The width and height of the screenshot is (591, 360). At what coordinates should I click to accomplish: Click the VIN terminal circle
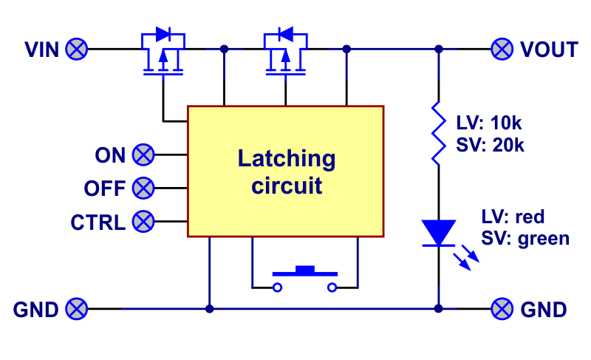tap(76, 50)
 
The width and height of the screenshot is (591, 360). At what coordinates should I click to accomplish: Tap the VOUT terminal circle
tap(502, 50)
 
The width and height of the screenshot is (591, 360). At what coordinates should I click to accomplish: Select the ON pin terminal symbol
tap(143, 155)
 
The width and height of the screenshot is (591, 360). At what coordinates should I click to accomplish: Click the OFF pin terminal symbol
tap(143, 188)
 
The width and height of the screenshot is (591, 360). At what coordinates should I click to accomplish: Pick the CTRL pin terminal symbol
tap(143, 221)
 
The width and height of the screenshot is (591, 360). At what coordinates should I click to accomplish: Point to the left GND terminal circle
tap(76, 308)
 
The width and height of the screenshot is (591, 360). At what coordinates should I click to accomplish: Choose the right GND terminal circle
tap(502, 308)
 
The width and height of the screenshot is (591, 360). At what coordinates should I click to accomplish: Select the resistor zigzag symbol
tap(438, 133)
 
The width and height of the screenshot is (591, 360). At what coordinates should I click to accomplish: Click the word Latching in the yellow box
tap(286, 158)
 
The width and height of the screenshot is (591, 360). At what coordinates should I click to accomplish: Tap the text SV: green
tap(525, 238)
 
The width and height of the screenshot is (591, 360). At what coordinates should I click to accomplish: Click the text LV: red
tap(513, 217)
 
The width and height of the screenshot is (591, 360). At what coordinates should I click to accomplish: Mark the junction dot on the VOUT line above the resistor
tap(438, 50)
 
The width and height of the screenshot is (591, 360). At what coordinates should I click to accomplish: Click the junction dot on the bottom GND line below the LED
tap(438, 308)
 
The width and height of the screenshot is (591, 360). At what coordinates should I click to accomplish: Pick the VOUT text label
tap(549, 50)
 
